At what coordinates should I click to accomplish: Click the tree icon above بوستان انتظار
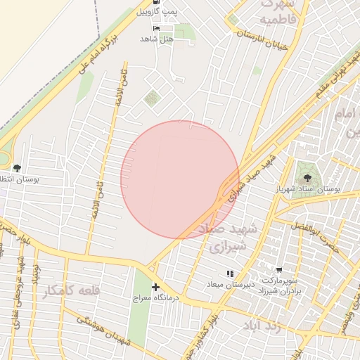coord(17,169)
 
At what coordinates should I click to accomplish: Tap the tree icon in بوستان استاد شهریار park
coord(305,171)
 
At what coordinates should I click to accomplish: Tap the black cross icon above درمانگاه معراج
coord(155,287)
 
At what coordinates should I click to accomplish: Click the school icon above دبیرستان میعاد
coord(229,274)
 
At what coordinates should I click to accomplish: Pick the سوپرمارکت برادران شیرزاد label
coord(280,285)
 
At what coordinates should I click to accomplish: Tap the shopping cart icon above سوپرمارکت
coord(279,270)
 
